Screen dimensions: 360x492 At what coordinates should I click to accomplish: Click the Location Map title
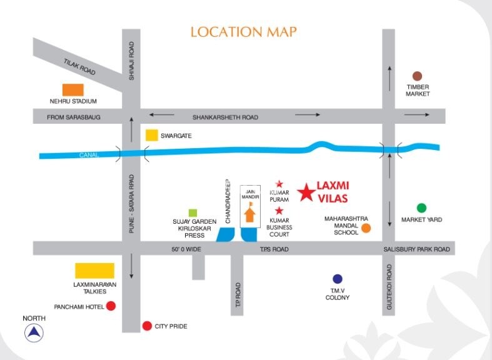point(243,32)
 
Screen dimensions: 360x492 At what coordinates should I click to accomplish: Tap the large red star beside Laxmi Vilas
point(306,192)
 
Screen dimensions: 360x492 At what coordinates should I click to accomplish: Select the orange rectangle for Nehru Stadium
point(73,90)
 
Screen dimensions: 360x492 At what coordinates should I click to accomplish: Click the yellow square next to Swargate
point(151,135)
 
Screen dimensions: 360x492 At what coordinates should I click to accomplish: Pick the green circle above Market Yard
point(421,208)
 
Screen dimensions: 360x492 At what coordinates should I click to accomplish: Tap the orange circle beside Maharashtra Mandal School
point(366,228)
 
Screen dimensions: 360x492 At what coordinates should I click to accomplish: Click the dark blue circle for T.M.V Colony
point(338,279)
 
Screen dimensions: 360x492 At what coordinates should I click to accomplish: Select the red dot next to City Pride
point(147,326)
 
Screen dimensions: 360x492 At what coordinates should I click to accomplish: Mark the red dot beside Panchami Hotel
point(111,306)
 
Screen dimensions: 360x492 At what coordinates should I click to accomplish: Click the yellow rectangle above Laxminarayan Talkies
point(95,271)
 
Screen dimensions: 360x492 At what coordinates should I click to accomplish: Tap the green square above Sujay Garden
point(194,212)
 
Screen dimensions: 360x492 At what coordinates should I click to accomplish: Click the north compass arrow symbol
point(34,333)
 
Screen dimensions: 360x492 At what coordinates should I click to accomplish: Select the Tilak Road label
point(79,67)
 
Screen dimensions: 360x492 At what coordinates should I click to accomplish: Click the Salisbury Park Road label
point(416,249)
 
